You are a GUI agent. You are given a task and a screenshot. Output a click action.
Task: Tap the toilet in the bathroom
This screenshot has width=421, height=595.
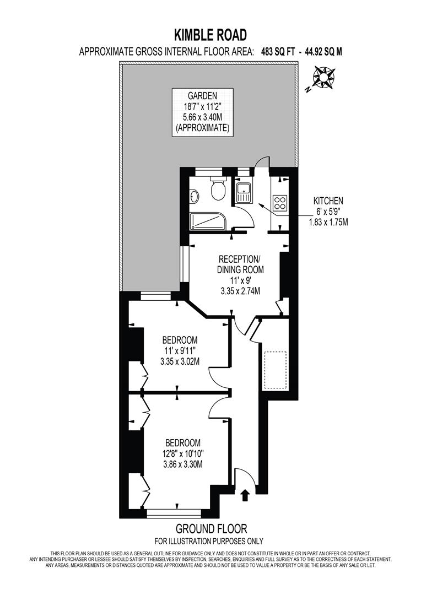(217, 190)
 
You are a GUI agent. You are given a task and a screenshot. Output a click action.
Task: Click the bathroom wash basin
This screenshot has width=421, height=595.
(194, 197)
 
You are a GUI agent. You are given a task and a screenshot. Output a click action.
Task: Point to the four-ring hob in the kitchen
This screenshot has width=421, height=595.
(280, 203)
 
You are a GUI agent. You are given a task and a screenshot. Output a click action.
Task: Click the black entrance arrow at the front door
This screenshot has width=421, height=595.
(245, 497)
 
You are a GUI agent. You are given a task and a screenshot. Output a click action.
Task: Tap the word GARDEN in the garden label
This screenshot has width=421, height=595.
(202, 95)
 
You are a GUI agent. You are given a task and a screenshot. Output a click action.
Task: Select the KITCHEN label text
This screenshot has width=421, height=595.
(328, 201)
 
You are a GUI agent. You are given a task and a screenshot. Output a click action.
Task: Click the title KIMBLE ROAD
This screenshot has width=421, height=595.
(210, 35)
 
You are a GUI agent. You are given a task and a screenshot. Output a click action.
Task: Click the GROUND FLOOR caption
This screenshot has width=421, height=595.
(210, 529)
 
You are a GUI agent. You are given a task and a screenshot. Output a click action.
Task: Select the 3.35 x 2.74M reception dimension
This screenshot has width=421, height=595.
(239, 290)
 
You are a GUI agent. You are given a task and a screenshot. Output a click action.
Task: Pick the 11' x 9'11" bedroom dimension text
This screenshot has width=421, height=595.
(179, 350)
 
